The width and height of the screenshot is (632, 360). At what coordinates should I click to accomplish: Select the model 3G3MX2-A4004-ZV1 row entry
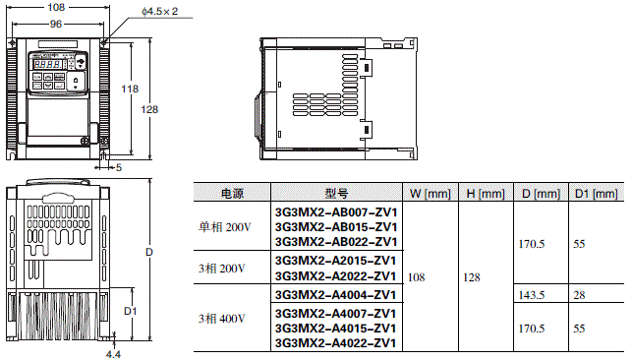[x=336, y=294]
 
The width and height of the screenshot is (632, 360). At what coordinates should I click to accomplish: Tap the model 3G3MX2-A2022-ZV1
[x=336, y=276]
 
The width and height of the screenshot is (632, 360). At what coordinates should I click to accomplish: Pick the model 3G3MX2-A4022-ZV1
[x=336, y=342]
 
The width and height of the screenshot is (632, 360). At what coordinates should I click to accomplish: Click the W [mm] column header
[x=429, y=194]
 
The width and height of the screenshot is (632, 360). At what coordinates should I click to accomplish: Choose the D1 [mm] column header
[x=597, y=194]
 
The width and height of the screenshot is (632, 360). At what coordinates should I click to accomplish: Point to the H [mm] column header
[x=485, y=194]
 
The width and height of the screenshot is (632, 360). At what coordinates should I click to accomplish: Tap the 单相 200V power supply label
[x=225, y=227]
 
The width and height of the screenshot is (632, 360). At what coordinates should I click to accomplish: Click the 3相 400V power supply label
[x=221, y=318]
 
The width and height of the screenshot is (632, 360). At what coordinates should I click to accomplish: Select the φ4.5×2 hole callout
[x=160, y=11]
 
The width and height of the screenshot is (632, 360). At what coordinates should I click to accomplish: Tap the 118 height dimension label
[x=129, y=90]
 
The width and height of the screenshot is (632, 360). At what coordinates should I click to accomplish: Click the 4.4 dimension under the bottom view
[x=114, y=354]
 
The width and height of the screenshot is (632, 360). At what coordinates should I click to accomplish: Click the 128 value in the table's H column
[x=472, y=278]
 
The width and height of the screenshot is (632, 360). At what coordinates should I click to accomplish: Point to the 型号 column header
[x=336, y=194]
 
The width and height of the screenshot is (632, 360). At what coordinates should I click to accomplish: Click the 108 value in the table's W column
[x=417, y=278]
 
